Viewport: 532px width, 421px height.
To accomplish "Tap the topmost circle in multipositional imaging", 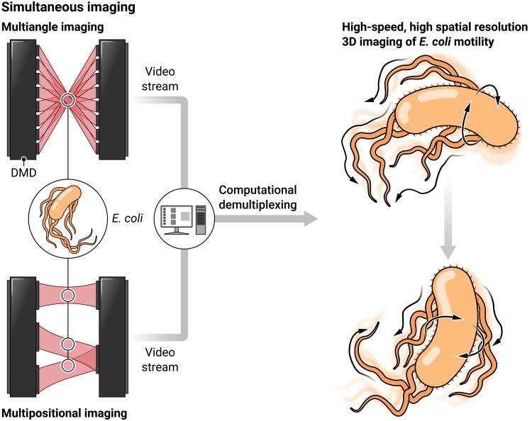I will [68, 294].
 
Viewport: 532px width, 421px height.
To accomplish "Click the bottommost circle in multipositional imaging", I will [68, 365].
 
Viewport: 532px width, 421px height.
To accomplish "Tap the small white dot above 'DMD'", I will [23, 159].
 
